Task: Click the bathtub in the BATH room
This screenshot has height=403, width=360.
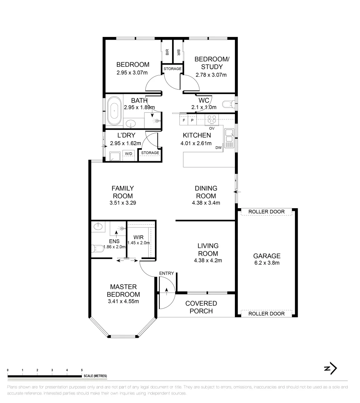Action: click(114, 111)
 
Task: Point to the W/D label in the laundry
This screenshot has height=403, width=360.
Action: click(129, 153)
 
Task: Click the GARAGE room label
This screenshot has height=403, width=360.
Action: click(267, 256)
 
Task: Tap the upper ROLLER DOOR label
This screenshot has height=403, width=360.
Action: click(266, 212)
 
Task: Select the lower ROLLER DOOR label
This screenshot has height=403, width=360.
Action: click(266, 314)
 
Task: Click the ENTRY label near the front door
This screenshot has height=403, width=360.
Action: click(166, 274)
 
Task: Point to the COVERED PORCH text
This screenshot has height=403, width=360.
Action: click(201, 307)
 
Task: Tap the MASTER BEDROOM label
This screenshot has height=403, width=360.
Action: click(123, 291)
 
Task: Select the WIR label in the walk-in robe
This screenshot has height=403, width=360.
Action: click(139, 236)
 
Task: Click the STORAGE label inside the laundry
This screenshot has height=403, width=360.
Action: click(150, 153)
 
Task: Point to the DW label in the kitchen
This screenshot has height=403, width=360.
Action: click(218, 148)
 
